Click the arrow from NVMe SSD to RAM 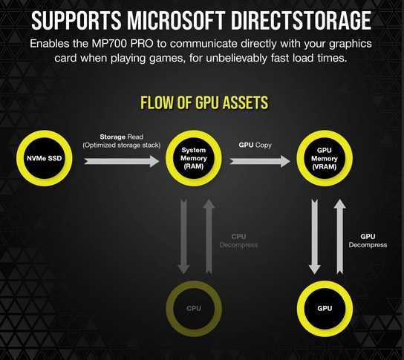point(121,161)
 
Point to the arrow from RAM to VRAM point(260,161)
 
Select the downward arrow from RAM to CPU point(183,236)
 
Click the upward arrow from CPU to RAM point(209,236)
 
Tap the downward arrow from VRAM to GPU point(315,236)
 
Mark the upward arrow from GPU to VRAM point(340,236)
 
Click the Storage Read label point(121,137)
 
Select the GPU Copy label point(255,145)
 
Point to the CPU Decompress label point(238,240)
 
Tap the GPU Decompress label point(368,240)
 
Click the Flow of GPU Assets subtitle point(204,102)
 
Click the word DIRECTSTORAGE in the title point(301,20)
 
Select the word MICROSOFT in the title point(176,20)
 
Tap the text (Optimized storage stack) point(121,145)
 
